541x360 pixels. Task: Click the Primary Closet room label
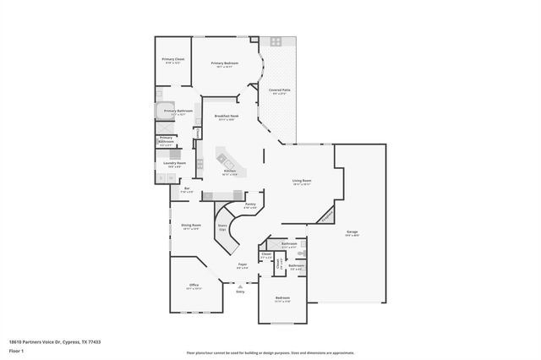[173, 60]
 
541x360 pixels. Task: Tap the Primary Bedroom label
[224, 64]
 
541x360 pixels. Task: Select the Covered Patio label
[280, 90]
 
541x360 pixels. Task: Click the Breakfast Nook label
[225, 117]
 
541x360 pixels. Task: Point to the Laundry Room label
[175, 164]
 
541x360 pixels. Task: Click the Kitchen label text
[229, 172]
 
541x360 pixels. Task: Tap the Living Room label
[302, 182]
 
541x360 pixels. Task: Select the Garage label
[352, 233]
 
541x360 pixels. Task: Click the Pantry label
[250, 205]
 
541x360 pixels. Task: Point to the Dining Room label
[191, 226]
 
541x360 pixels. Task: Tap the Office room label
[194, 286]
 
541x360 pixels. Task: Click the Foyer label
[242, 266]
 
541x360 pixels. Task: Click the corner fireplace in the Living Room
[327, 215]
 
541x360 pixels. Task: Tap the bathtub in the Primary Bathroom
[163, 111]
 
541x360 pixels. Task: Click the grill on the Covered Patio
[276, 41]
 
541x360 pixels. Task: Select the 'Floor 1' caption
[16, 351]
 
